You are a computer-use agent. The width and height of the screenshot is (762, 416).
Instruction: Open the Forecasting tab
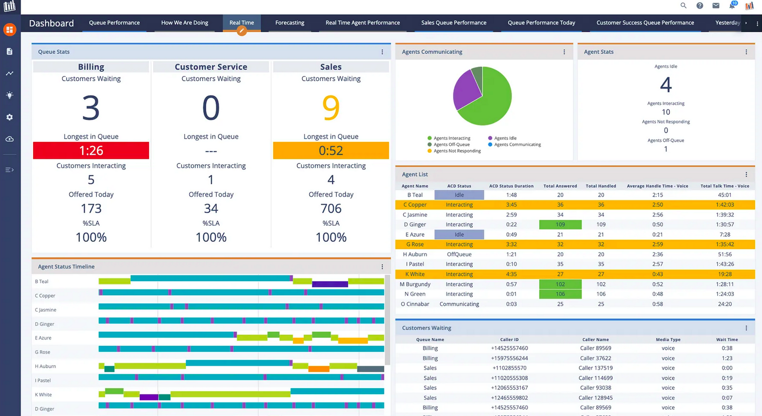[290, 23]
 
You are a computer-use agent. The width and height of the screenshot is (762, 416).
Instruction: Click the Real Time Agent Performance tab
[362, 23]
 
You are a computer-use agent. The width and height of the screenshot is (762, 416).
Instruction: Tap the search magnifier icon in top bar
[683, 6]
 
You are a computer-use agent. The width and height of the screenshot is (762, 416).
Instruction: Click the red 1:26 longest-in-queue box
[91, 151]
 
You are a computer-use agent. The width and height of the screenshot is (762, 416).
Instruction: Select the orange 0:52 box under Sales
[331, 151]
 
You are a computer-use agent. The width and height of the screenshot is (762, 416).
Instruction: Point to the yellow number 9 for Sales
[331, 108]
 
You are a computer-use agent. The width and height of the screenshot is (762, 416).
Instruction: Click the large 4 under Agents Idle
[665, 85]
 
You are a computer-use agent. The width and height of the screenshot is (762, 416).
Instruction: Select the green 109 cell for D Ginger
[560, 225]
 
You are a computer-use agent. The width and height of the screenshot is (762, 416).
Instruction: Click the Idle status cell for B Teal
[459, 195]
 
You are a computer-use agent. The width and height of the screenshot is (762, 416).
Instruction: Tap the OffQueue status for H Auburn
[459, 254]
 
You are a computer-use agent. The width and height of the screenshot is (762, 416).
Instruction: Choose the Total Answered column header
[560, 186]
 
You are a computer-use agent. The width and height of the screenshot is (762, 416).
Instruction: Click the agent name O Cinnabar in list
[415, 304]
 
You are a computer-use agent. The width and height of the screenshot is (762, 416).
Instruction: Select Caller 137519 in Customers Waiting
[595, 368]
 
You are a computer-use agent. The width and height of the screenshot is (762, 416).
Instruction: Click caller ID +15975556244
[509, 358]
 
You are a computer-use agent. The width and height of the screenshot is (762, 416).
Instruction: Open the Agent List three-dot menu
[746, 174]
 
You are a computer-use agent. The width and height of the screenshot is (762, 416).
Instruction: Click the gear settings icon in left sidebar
[10, 117]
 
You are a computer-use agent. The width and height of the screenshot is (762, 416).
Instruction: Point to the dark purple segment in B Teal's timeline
[329, 285]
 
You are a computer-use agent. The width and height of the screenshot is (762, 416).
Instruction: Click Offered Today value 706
[331, 209]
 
